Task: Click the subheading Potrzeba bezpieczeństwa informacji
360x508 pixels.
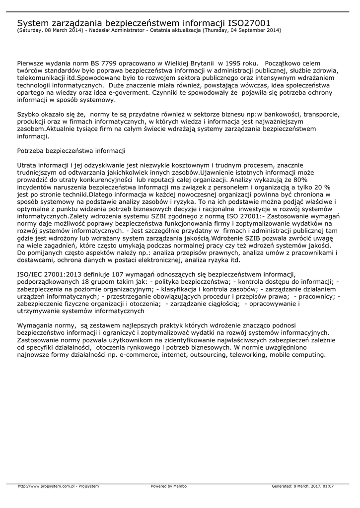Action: [71, 150]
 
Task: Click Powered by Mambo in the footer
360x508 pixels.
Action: [169, 486]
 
